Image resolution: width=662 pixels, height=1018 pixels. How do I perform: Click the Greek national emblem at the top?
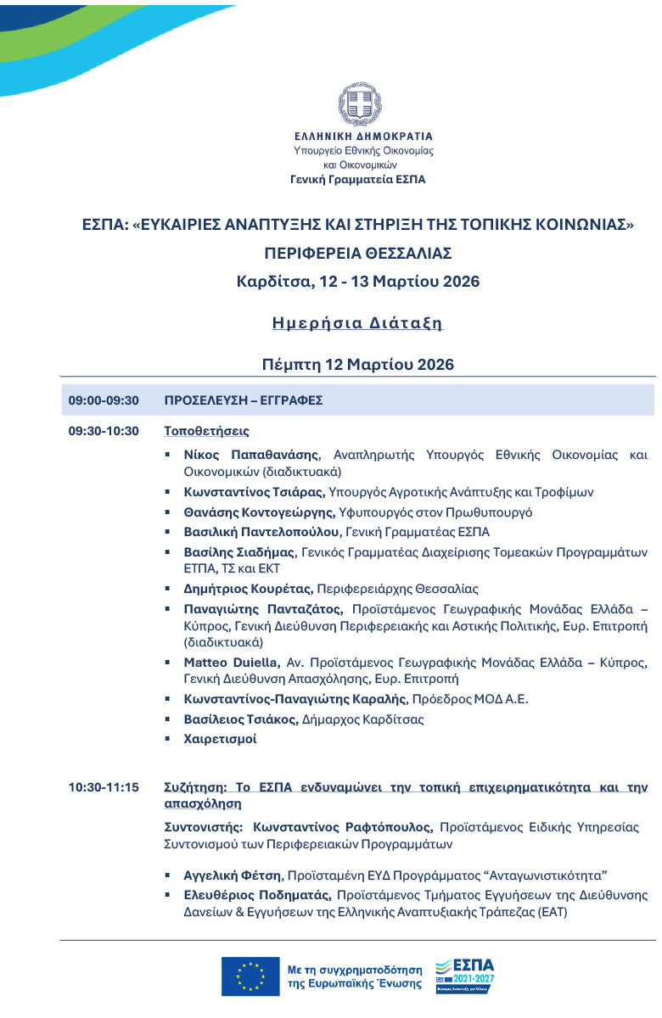[x=362, y=104]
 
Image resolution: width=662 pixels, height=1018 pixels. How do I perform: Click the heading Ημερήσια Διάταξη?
[x=357, y=323]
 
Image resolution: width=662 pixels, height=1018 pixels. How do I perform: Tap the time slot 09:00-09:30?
[x=103, y=400]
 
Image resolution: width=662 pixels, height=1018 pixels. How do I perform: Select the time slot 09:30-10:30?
[x=103, y=431]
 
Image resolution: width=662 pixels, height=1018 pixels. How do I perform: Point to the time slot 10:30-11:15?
[x=103, y=788]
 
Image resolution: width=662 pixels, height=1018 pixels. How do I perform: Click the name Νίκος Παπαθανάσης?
[x=251, y=455]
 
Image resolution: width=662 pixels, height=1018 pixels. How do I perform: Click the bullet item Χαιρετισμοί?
[x=220, y=739]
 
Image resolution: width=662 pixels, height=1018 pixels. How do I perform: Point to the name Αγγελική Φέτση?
[x=232, y=875]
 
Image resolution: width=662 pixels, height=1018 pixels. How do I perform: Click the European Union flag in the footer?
[x=250, y=976]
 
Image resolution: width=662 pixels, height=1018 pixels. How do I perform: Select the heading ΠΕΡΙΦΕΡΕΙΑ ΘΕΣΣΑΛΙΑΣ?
[x=357, y=253]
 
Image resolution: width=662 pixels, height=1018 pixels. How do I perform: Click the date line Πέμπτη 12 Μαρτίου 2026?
[x=357, y=365]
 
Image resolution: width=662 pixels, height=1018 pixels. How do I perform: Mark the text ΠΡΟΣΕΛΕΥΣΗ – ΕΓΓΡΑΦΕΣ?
[x=243, y=400]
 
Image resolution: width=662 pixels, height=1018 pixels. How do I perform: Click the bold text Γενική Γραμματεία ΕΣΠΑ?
[x=357, y=180]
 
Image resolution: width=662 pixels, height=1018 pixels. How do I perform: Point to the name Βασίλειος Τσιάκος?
[x=238, y=719]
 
